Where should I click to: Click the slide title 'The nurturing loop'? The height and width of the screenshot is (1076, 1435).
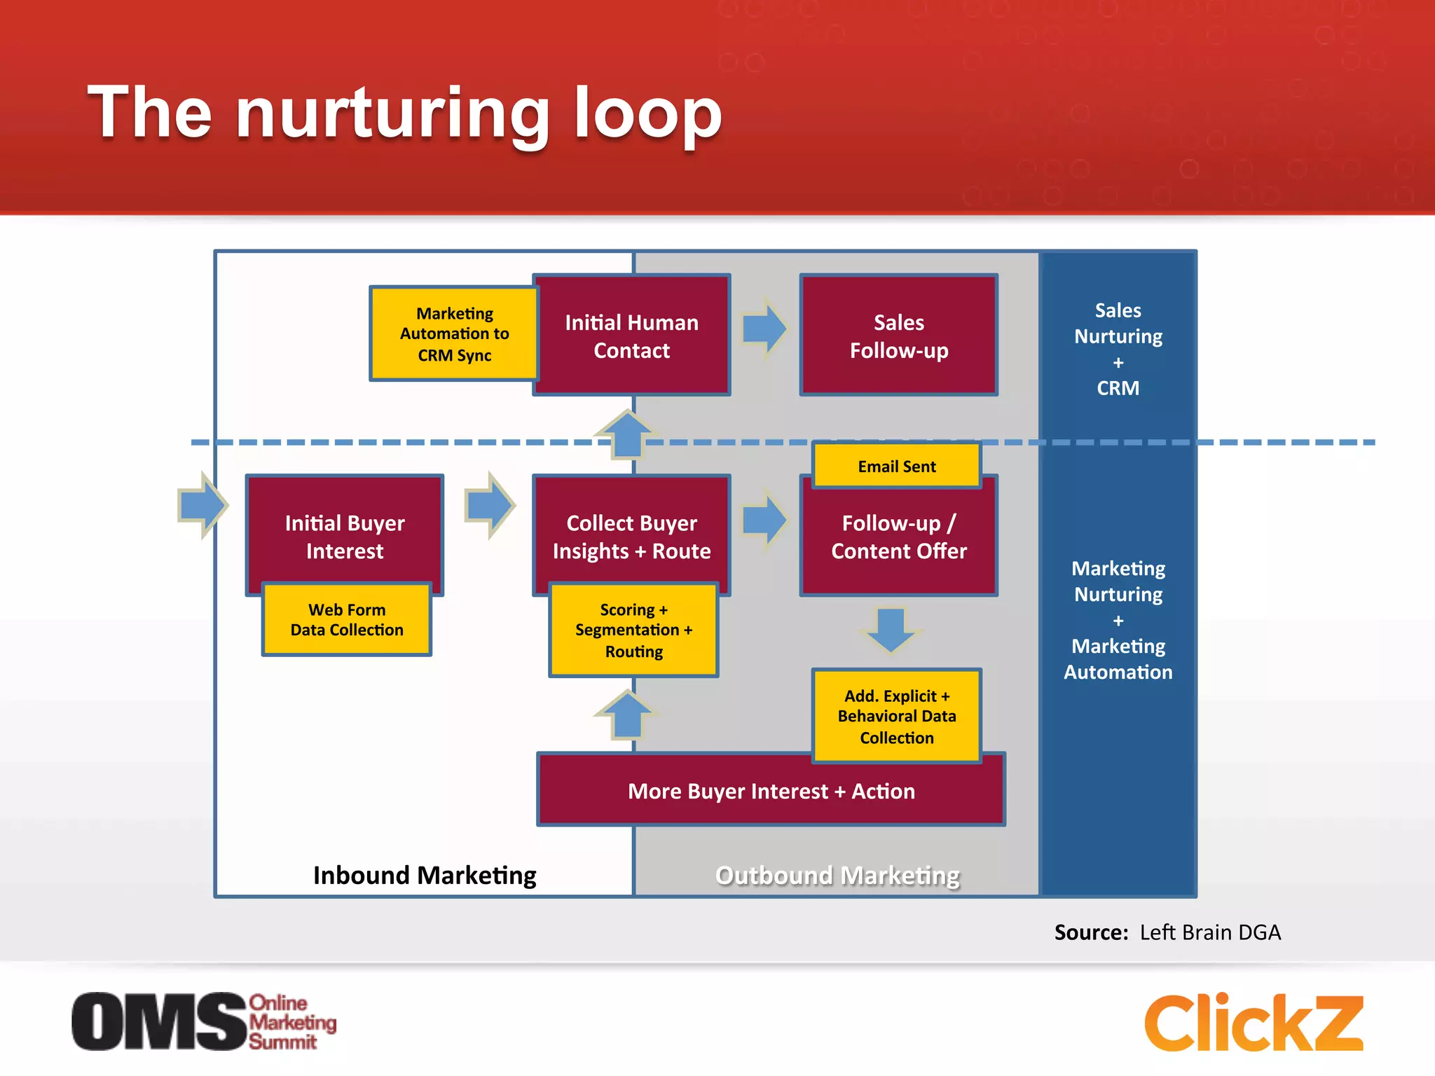(x=404, y=112)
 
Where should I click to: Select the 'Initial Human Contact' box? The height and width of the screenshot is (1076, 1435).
(x=631, y=336)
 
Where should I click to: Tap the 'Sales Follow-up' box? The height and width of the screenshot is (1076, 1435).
(x=898, y=336)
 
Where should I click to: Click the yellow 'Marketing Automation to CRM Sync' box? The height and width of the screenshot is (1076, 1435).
(x=454, y=333)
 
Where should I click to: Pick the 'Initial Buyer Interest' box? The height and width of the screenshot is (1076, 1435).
(x=344, y=535)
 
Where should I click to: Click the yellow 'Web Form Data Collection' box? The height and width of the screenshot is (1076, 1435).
(x=347, y=619)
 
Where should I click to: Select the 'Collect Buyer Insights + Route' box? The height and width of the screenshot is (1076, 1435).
(x=631, y=535)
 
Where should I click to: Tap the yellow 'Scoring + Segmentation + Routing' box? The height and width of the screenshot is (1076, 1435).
(x=633, y=630)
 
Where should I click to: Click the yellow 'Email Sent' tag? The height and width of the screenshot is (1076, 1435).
(x=896, y=466)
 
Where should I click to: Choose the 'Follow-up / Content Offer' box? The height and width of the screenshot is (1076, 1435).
(x=898, y=537)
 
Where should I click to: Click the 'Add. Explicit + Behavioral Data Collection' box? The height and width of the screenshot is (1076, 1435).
(x=896, y=716)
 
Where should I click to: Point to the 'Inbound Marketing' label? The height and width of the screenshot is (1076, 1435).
(x=425, y=875)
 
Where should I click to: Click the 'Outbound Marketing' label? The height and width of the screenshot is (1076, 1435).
(x=837, y=875)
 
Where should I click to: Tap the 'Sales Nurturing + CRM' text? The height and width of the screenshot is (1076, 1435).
(x=1118, y=349)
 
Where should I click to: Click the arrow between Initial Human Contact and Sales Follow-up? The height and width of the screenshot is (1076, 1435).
(x=764, y=328)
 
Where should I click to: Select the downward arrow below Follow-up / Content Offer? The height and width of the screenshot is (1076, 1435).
(x=890, y=629)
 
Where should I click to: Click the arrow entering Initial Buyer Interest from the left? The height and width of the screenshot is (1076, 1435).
(x=202, y=504)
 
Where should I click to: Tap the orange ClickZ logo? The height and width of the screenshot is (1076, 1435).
(x=1254, y=1022)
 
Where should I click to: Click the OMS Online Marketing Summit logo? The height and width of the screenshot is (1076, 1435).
(x=203, y=1021)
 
